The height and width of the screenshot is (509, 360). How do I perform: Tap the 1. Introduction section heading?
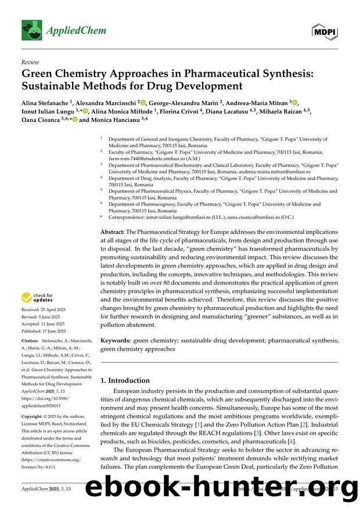click(x=125, y=381)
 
